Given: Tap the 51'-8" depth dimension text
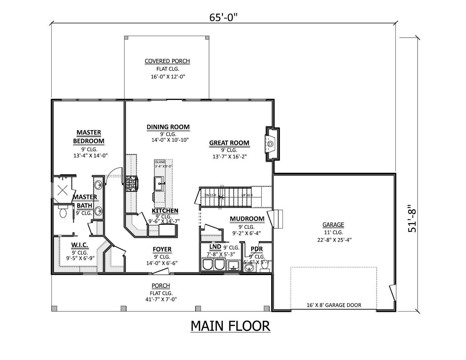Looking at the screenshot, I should coord(412,219).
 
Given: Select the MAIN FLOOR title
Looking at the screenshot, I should coord(230,326).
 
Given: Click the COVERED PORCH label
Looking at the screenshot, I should coord(167,61).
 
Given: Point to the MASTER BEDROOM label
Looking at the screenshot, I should coord(88,137).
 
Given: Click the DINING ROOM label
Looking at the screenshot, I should coord(168,127).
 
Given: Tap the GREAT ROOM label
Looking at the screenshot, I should coord(229,143).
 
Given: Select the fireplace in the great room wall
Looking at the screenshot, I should coord(271,144).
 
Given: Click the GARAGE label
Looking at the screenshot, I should coord(333,225).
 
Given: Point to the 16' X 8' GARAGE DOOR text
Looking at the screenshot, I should coord(333,305).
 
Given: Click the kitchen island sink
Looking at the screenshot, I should coord(159,184).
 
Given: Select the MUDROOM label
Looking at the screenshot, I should coord(247,219).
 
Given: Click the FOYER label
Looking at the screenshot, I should coord(162,249).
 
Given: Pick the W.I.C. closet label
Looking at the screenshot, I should coord(80,245).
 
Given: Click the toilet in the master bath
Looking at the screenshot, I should coord(63,212).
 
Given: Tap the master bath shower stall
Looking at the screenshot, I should coord(63,189).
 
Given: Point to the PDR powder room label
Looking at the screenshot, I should coord(257,249).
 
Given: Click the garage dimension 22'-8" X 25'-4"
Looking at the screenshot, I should coord(333,240).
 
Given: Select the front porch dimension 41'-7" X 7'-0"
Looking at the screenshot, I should coord(161,300).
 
